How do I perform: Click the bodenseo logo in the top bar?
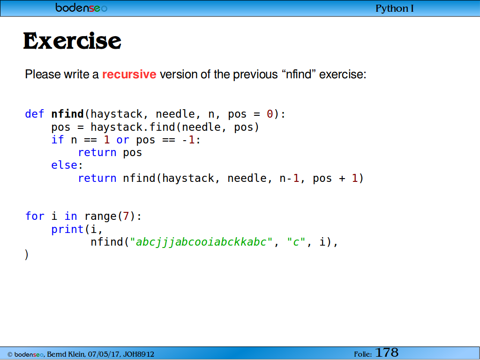pos(82,7)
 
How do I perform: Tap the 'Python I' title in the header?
pos(395,8)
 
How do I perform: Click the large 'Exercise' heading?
pos(72,41)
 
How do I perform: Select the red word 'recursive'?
pos(129,75)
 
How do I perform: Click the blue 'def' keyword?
pos(35,114)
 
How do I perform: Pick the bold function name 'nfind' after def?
pos(67,114)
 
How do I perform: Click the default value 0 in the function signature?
pos(270,114)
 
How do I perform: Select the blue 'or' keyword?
pos(123,140)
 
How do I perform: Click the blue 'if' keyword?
pos(58,140)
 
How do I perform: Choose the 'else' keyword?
pos(64,165)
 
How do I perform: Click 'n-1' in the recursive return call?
pos(289,178)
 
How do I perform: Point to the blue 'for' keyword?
pos(35,216)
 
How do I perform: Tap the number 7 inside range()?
pos(126,216)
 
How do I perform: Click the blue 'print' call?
pos(67,229)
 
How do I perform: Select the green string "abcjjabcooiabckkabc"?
pos(201,242)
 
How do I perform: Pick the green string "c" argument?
pos(296,242)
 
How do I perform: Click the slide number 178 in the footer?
pos(387,352)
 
